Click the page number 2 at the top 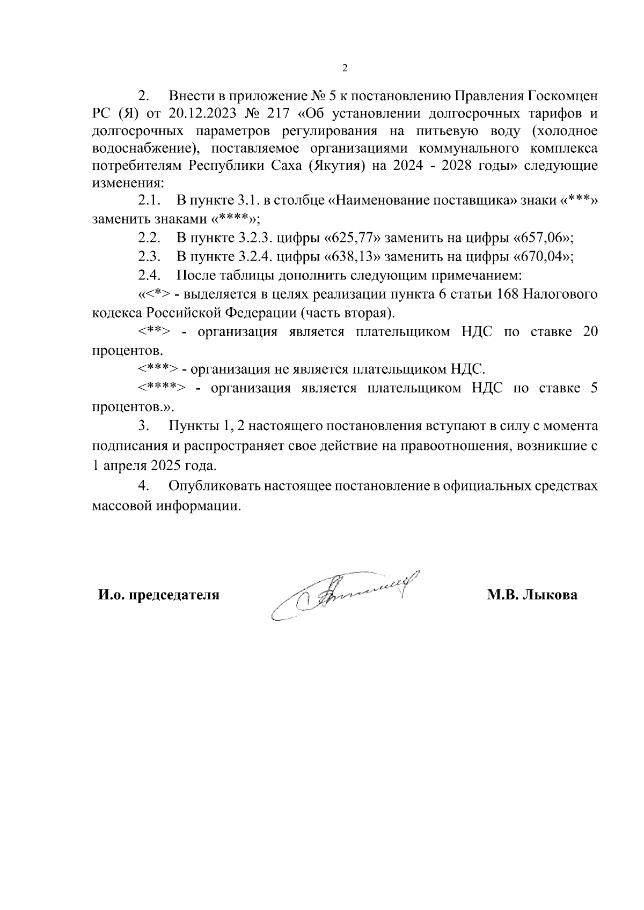[345, 68]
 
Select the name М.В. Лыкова [532, 595]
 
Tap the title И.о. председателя [158, 595]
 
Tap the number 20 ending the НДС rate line [590, 331]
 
